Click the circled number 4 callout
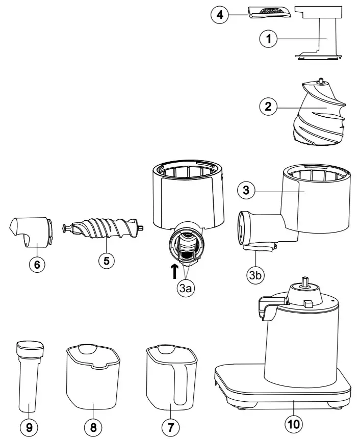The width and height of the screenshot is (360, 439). (x=220, y=15)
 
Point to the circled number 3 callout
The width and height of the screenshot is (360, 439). (x=246, y=191)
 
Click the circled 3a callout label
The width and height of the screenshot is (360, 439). (x=186, y=289)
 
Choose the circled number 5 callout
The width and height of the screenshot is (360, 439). (x=106, y=260)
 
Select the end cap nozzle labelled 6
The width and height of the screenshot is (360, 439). (x=31, y=230)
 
